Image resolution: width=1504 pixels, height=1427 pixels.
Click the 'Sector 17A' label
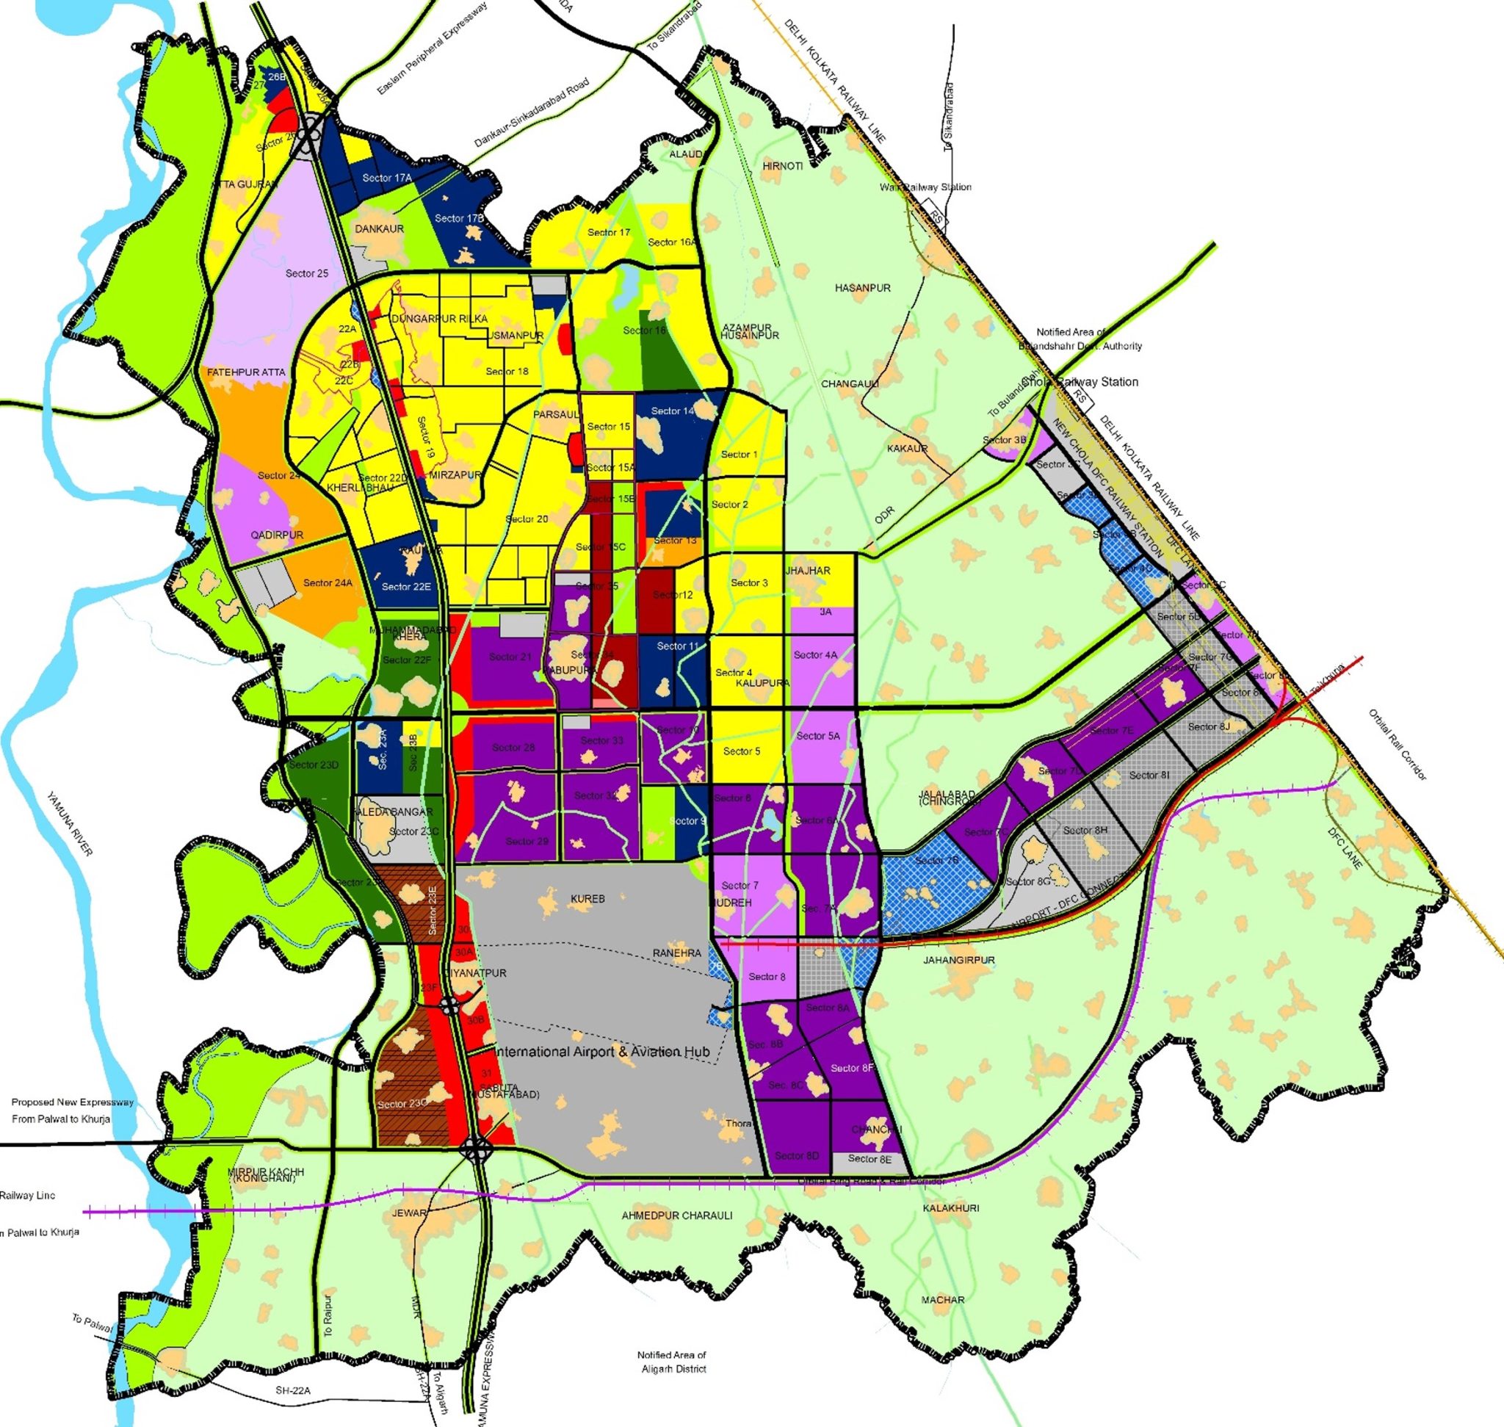[386, 178]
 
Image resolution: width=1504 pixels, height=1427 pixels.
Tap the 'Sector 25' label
[306, 273]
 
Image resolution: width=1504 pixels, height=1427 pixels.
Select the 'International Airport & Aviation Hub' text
[601, 1052]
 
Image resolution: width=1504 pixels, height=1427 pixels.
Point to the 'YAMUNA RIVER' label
[70, 824]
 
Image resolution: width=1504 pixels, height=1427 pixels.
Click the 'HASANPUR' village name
[863, 288]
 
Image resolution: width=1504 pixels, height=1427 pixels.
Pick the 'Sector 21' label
[510, 657]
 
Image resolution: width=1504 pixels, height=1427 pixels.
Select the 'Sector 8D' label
[797, 1155]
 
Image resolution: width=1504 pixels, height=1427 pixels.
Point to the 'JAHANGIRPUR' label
[958, 960]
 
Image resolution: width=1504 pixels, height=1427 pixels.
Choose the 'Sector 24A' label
[328, 582]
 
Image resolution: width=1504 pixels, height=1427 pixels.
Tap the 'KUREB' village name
[587, 898]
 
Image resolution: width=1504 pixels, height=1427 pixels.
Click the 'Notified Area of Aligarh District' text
[672, 1362]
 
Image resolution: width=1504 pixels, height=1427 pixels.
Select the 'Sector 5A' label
[818, 736]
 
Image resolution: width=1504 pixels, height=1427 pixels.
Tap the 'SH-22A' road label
[293, 1390]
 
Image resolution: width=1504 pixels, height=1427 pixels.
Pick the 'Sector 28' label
[513, 747]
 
